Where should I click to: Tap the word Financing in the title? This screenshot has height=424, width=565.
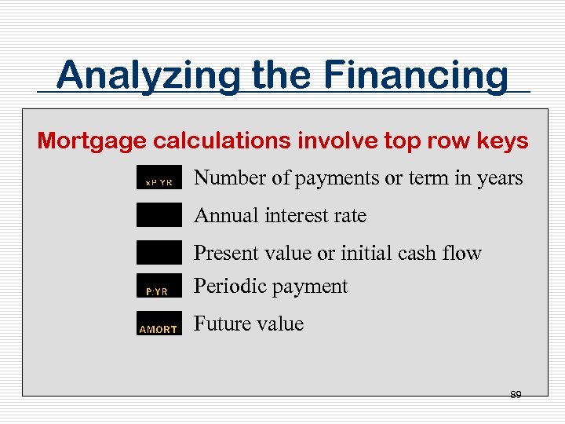click(x=416, y=76)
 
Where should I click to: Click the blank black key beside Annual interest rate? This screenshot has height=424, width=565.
click(x=159, y=215)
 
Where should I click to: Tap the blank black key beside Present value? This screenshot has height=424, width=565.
click(x=159, y=252)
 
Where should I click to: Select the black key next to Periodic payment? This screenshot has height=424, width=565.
click(x=159, y=287)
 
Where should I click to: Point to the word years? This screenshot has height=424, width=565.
click(x=500, y=179)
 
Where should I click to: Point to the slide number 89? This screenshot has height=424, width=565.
click(x=516, y=394)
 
